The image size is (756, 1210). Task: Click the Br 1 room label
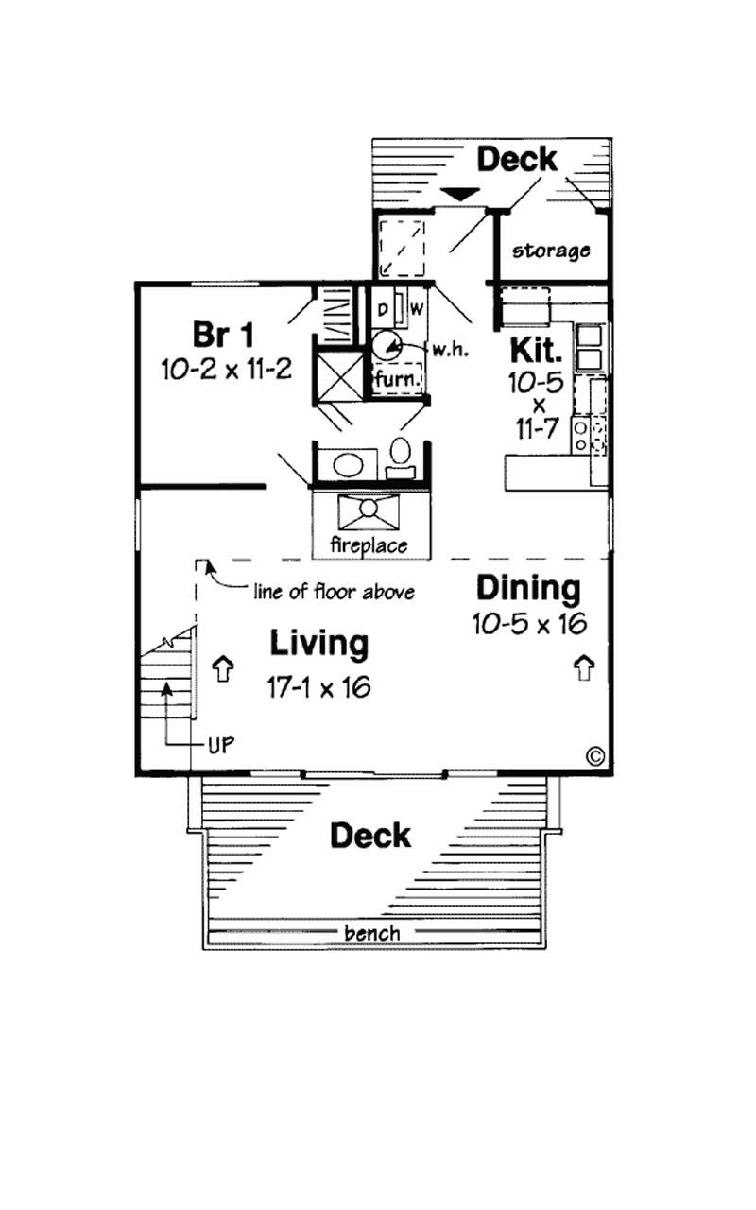tap(222, 335)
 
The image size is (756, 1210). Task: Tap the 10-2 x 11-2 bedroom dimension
tap(226, 369)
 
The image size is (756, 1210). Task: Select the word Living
tap(318, 644)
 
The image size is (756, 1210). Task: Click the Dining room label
tap(527, 588)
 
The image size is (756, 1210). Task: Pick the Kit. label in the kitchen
tap(537, 350)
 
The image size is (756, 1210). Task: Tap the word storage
tap(551, 251)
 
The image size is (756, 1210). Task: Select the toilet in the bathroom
tap(401, 455)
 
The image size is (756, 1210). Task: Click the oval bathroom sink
tap(349, 464)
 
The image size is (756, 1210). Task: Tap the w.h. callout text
tap(448, 349)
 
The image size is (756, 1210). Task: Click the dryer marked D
tap(384, 309)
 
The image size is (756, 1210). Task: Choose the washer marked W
tap(416, 309)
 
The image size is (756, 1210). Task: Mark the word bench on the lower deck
tap(371, 933)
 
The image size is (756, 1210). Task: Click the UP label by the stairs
tap(220, 743)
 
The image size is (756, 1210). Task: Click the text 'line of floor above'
tap(334, 593)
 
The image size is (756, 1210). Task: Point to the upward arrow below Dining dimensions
tap(583, 667)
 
